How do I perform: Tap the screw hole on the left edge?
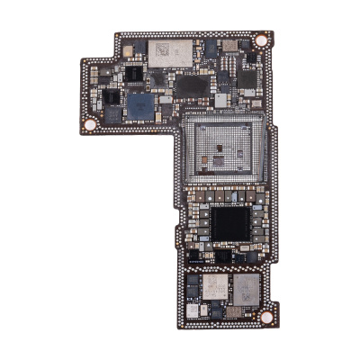90,123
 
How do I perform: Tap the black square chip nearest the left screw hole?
112,112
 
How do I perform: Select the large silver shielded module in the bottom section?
245,289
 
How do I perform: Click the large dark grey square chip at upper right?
246,77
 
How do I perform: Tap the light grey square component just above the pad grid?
221,99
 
